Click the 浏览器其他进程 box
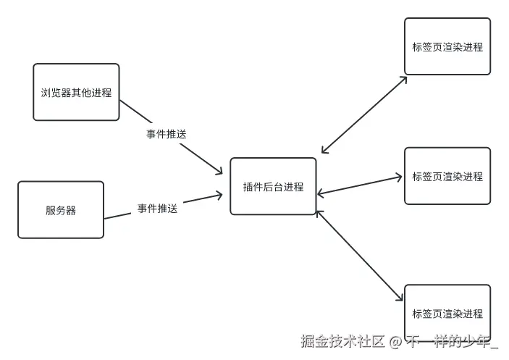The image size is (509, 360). [x=76, y=92]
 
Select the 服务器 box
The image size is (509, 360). [x=61, y=210]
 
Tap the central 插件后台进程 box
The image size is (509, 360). [x=274, y=187]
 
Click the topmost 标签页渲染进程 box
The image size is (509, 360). [x=447, y=47]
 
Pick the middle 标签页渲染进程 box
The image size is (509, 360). [x=447, y=176]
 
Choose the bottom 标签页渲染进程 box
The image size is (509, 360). [x=447, y=313]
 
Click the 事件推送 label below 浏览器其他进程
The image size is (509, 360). [x=167, y=134]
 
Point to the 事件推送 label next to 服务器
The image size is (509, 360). [x=158, y=209]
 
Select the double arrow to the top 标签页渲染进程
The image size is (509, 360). [x=364, y=114]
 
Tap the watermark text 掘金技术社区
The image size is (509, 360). [x=342, y=340]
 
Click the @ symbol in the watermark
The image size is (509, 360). [x=395, y=341]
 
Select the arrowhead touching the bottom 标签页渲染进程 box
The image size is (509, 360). [x=400, y=297]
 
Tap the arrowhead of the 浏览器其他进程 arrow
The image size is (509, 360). [x=219, y=171]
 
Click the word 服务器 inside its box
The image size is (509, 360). [x=61, y=211]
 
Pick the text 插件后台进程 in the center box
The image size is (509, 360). [x=274, y=187]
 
